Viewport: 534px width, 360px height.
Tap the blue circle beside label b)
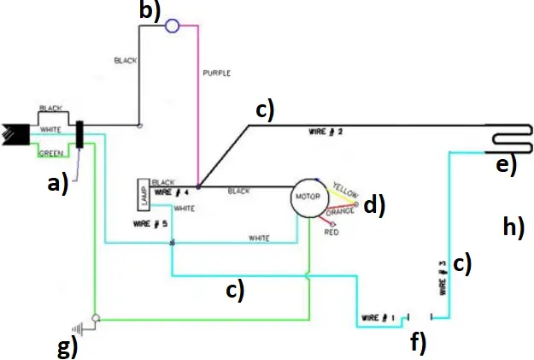pos(172,26)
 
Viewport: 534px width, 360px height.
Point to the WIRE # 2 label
pos(325,133)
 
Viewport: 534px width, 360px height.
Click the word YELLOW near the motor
pos(346,188)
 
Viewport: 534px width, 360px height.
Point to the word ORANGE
pos(342,211)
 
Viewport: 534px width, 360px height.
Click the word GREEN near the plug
pos(53,153)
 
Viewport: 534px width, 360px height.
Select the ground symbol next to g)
pos(83,326)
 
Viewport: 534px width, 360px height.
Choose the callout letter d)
pos(374,204)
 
